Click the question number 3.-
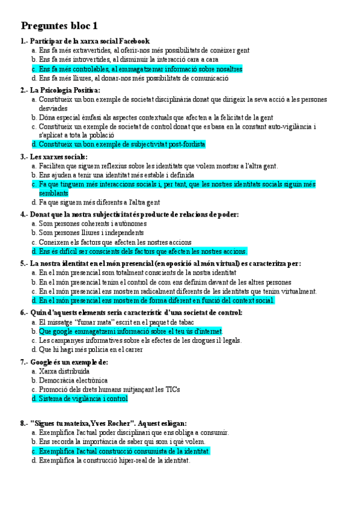click(25, 157)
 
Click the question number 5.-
click(25, 263)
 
